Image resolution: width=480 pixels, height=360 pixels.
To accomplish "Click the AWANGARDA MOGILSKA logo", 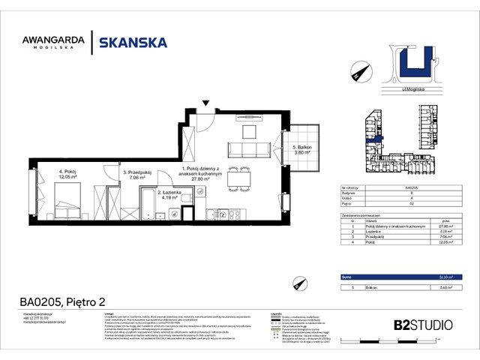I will [52, 43].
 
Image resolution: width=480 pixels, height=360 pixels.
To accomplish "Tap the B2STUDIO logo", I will [422, 325].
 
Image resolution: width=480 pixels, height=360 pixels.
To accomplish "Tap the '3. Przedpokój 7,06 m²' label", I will [137, 176].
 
